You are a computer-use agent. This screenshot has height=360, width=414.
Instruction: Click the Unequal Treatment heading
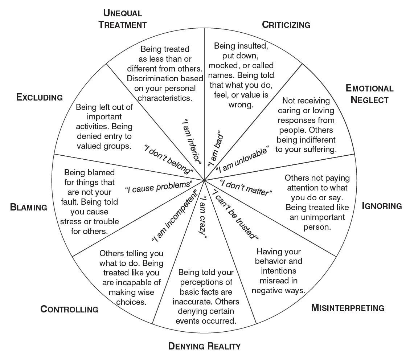click(123, 19)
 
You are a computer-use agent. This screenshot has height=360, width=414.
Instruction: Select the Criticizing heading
click(286, 25)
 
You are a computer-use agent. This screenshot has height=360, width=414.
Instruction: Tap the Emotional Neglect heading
click(369, 94)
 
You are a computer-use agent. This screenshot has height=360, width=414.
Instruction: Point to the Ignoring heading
click(382, 206)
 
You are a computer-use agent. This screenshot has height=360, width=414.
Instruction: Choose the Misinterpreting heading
click(348, 308)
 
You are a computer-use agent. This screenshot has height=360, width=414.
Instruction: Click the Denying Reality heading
click(204, 346)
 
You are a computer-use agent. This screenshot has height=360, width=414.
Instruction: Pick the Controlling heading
click(69, 309)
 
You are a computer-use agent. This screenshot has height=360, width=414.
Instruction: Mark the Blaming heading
click(29, 207)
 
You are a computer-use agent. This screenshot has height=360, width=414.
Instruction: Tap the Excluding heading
click(40, 97)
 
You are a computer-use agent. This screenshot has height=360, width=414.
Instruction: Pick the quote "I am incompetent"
click(174, 216)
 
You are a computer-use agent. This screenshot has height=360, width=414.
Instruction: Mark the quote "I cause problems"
click(159, 187)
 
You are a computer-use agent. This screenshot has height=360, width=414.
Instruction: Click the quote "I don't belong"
click(168, 159)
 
